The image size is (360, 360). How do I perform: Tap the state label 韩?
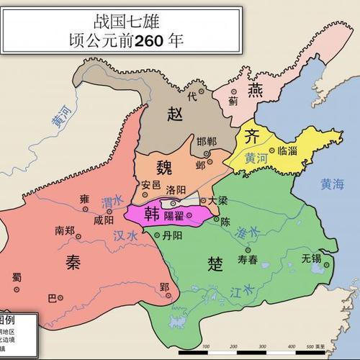click(152, 214)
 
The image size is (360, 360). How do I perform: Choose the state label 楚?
click(215, 263)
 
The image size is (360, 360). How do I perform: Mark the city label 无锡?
click(311, 257)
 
